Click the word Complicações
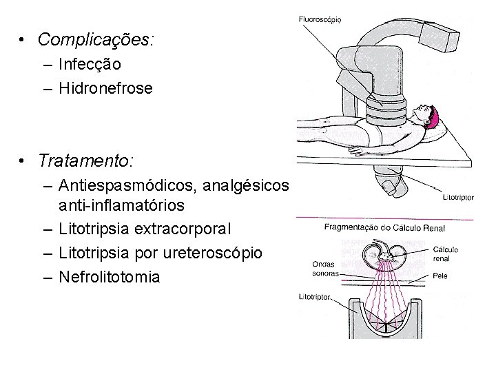click(x=95, y=40)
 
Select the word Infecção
click(x=90, y=65)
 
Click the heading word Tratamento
click(x=86, y=161)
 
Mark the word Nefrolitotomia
click(x=110, y=277)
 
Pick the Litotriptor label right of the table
click(x=458, y=197)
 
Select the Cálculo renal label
click(x=446, y=254)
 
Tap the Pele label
click(x=441, y=276)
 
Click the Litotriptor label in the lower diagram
click(x=316, y=298)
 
